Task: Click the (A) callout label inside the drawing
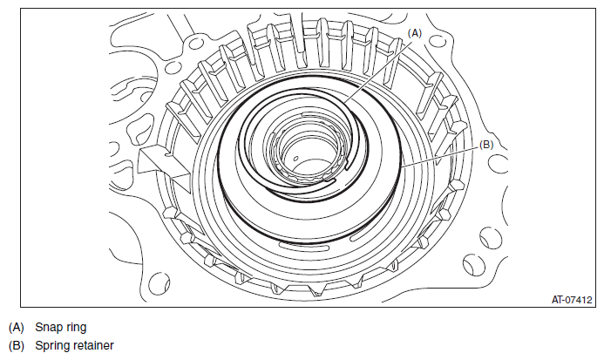tap(415, 33)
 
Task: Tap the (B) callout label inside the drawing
tap(486, 145)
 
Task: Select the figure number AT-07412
tap(572, 300)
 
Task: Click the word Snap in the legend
tap(48, 327)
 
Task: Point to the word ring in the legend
tap(75, 327)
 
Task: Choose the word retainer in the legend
tap(93, 345)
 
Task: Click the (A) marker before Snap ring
tap(17, 327)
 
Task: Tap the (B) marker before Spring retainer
tap(17, 345)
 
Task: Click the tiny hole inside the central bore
tap(295, 158)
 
